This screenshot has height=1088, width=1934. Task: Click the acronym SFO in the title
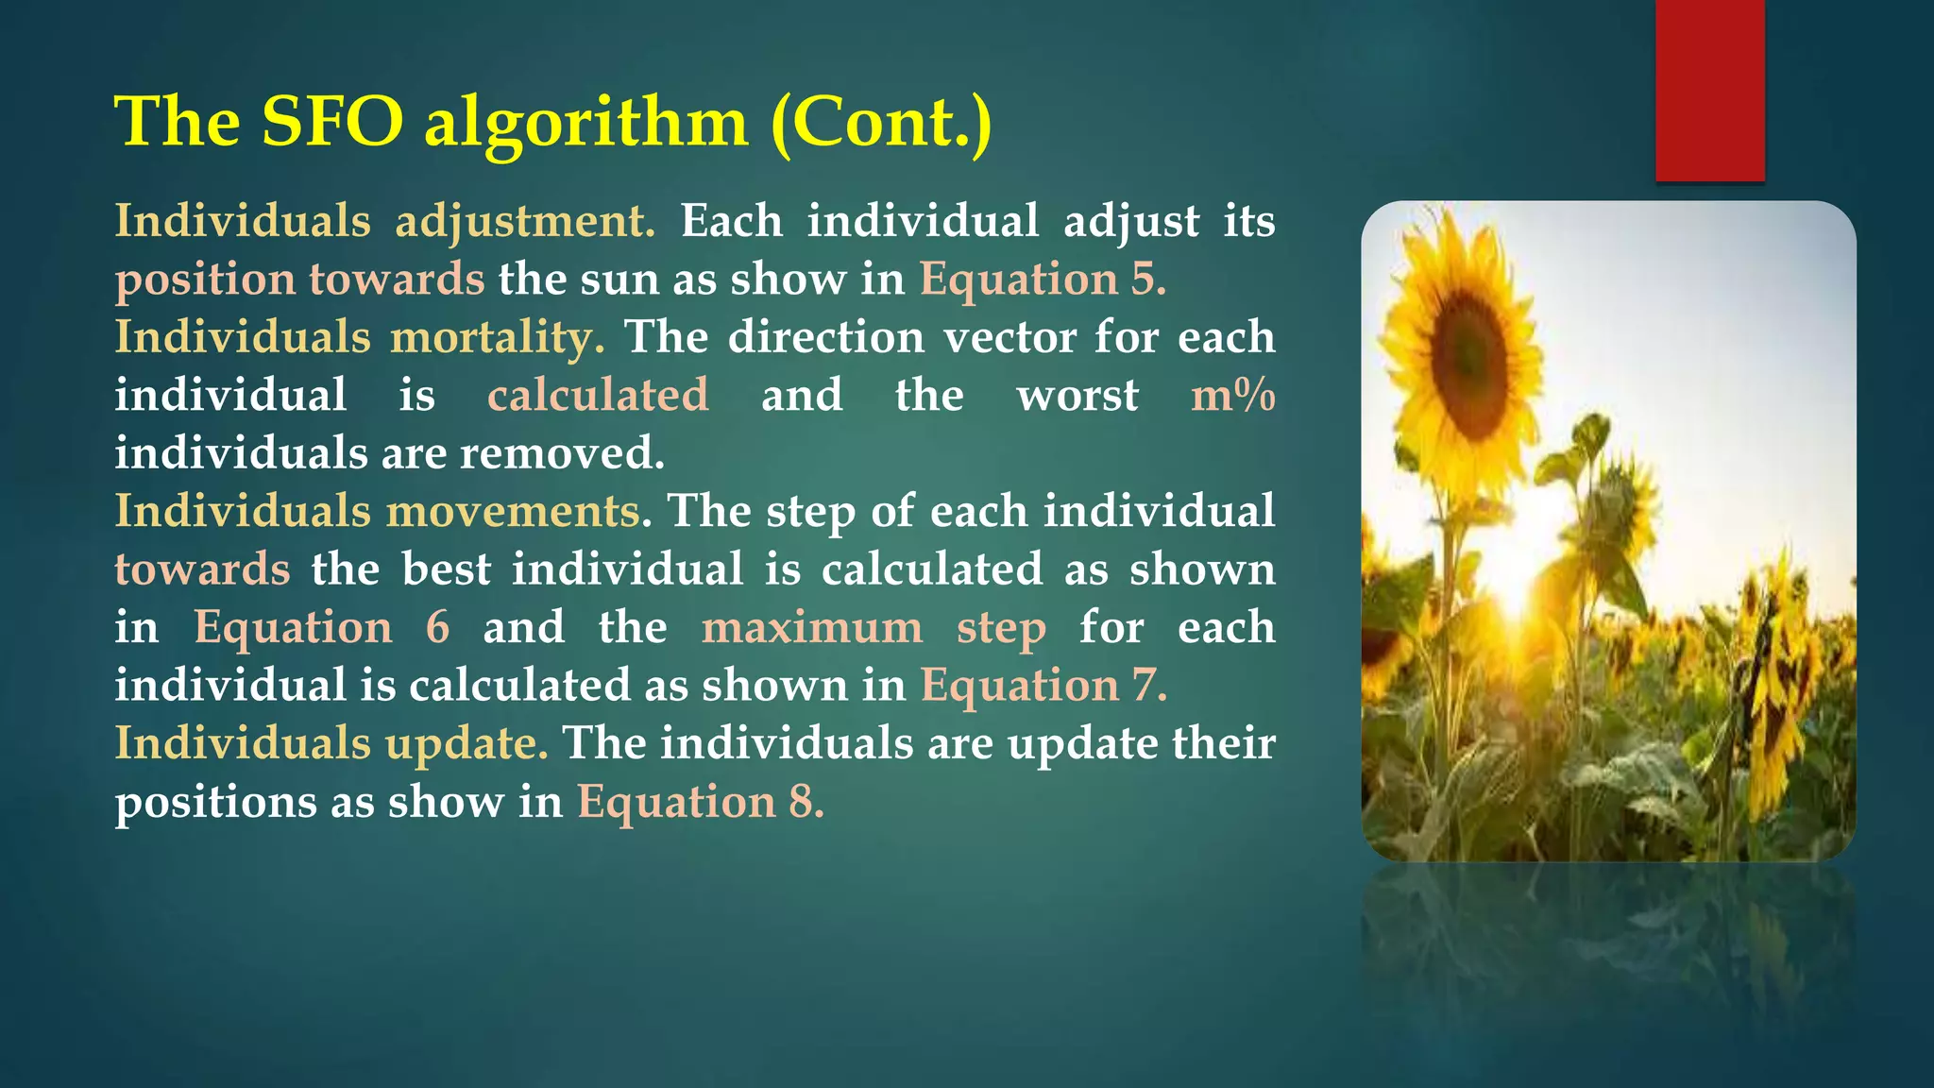pyautogui.click(x=332, y=123)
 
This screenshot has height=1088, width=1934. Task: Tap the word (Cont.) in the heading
pyautogui.click(x=881, y=123)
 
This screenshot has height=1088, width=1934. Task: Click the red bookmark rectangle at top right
pyautogui.click(x=1709, y=90)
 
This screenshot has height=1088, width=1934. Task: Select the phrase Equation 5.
pyautogui.click(x=1043, y=280)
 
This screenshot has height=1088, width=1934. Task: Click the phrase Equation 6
pyautogui.click(x=321, y=627)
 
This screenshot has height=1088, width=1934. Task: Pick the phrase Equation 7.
pyautogui.click(x=1043, y=686)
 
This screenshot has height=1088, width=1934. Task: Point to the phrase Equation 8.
pyautogui.click(x=701, y=802)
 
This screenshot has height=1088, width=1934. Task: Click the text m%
pyautogui.click(x=1232, y=395)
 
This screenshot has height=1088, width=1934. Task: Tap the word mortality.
pyautogui.click(x=498, y=337)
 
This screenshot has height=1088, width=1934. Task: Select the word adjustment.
pyautogui.click(x=524, y=222)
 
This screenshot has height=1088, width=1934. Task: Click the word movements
pyautogui.click(x=513, y=511)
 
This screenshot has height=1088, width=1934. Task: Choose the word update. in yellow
pyautogui.click(x=467, y=743)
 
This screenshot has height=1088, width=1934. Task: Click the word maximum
pyautogui.click(x=812, y=627)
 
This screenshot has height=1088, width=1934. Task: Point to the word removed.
pyautogui.click(x=562, y=453)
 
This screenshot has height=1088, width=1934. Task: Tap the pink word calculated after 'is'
pyautogui.click(x=598, y=395)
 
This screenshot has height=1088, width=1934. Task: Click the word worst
pyautogui.click(x=1077, y=395)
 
